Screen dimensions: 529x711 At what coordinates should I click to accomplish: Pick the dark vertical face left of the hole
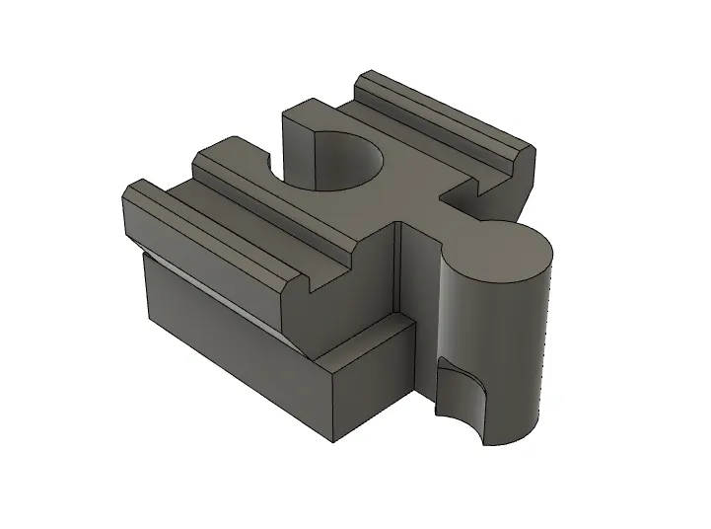click(x=301, y=148)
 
